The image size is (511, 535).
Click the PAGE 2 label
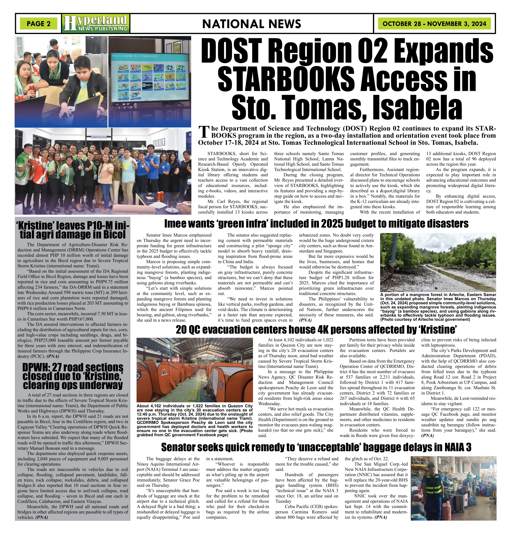[38, 24]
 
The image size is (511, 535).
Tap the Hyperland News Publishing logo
[96, 23]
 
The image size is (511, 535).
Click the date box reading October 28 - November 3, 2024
[434, 24]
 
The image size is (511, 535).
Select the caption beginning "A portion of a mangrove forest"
[438, 307]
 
